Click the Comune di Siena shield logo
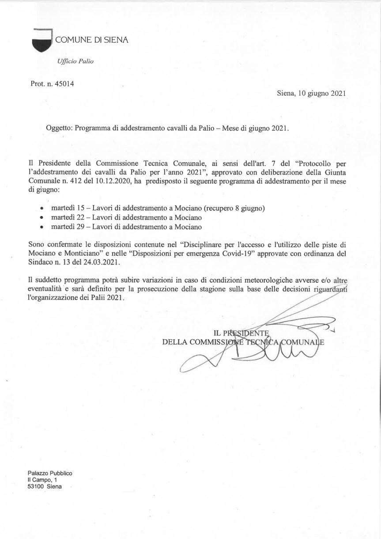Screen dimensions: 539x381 (42, 40)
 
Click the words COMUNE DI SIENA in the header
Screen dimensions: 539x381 (91, 40)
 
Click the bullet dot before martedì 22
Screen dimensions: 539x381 (42, 218)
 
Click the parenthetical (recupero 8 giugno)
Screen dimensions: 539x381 (234, 208)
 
